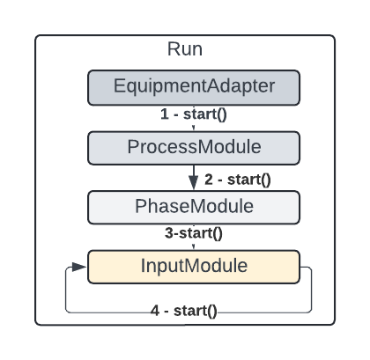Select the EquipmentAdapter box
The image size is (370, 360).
194,87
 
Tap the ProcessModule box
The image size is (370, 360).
194,146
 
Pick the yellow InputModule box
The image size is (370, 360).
194,265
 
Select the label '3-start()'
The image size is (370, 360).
192,234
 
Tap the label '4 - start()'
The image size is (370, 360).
185,312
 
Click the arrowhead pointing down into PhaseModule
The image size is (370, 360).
194,184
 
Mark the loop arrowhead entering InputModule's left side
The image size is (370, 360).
83,266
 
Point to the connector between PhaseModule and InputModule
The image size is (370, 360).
194,246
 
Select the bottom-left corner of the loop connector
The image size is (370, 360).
67,312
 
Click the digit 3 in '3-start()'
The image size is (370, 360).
166,234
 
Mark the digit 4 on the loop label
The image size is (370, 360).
155,312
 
